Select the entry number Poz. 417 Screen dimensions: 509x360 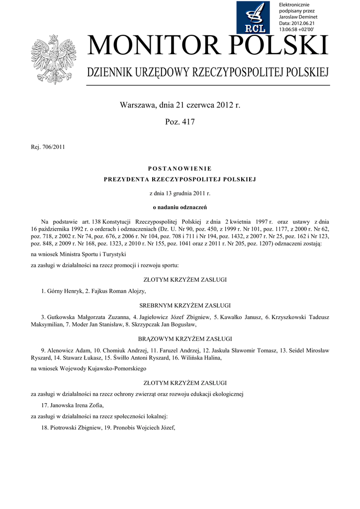[180, 122]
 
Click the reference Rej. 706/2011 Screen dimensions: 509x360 [48, 147]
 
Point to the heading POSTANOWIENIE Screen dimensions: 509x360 [180, 169]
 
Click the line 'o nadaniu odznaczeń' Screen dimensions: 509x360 [180, 206]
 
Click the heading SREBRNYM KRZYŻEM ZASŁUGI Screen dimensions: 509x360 [180, 305]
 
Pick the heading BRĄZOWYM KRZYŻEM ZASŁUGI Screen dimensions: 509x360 [180, 339]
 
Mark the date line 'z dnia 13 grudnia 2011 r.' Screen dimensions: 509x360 [180, 192]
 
